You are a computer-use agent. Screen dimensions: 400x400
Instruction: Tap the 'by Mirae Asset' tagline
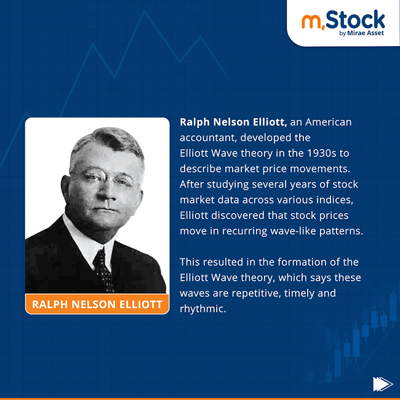pos(361,33)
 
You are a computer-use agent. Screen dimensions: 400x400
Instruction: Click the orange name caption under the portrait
pos(97,304)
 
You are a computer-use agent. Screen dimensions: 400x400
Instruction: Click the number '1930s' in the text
pos(311,153)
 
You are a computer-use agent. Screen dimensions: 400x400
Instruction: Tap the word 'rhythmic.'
pos(203,308)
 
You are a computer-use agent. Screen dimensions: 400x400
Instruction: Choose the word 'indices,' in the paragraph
pos(338,200)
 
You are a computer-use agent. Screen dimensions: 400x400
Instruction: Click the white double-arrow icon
pos(382,384)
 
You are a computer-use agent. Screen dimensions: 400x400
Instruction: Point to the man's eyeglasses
pos(105,179)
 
